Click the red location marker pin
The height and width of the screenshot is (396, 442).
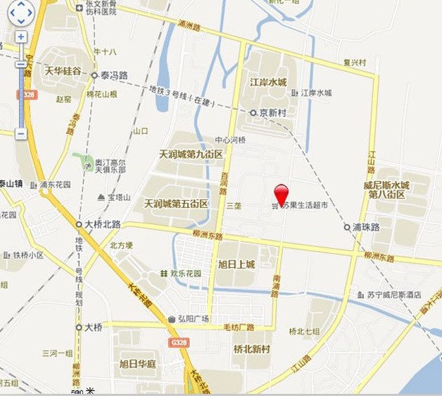pos(281,193)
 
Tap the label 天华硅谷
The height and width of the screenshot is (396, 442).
pos(64,71)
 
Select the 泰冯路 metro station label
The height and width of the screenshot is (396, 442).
pos(113,75)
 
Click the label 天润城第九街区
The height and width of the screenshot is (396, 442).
pos(191,154)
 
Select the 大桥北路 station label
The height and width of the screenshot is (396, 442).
pos(102,224)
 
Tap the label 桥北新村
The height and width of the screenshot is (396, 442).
pos(251,349)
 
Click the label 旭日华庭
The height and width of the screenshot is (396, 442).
pos(137,364)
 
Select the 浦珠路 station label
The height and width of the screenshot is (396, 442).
pos(366,228)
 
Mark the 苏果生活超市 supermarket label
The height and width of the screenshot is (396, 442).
pos(303,206)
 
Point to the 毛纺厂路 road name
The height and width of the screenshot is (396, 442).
pos(238,328)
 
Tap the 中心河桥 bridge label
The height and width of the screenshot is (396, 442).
pos(230,140)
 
